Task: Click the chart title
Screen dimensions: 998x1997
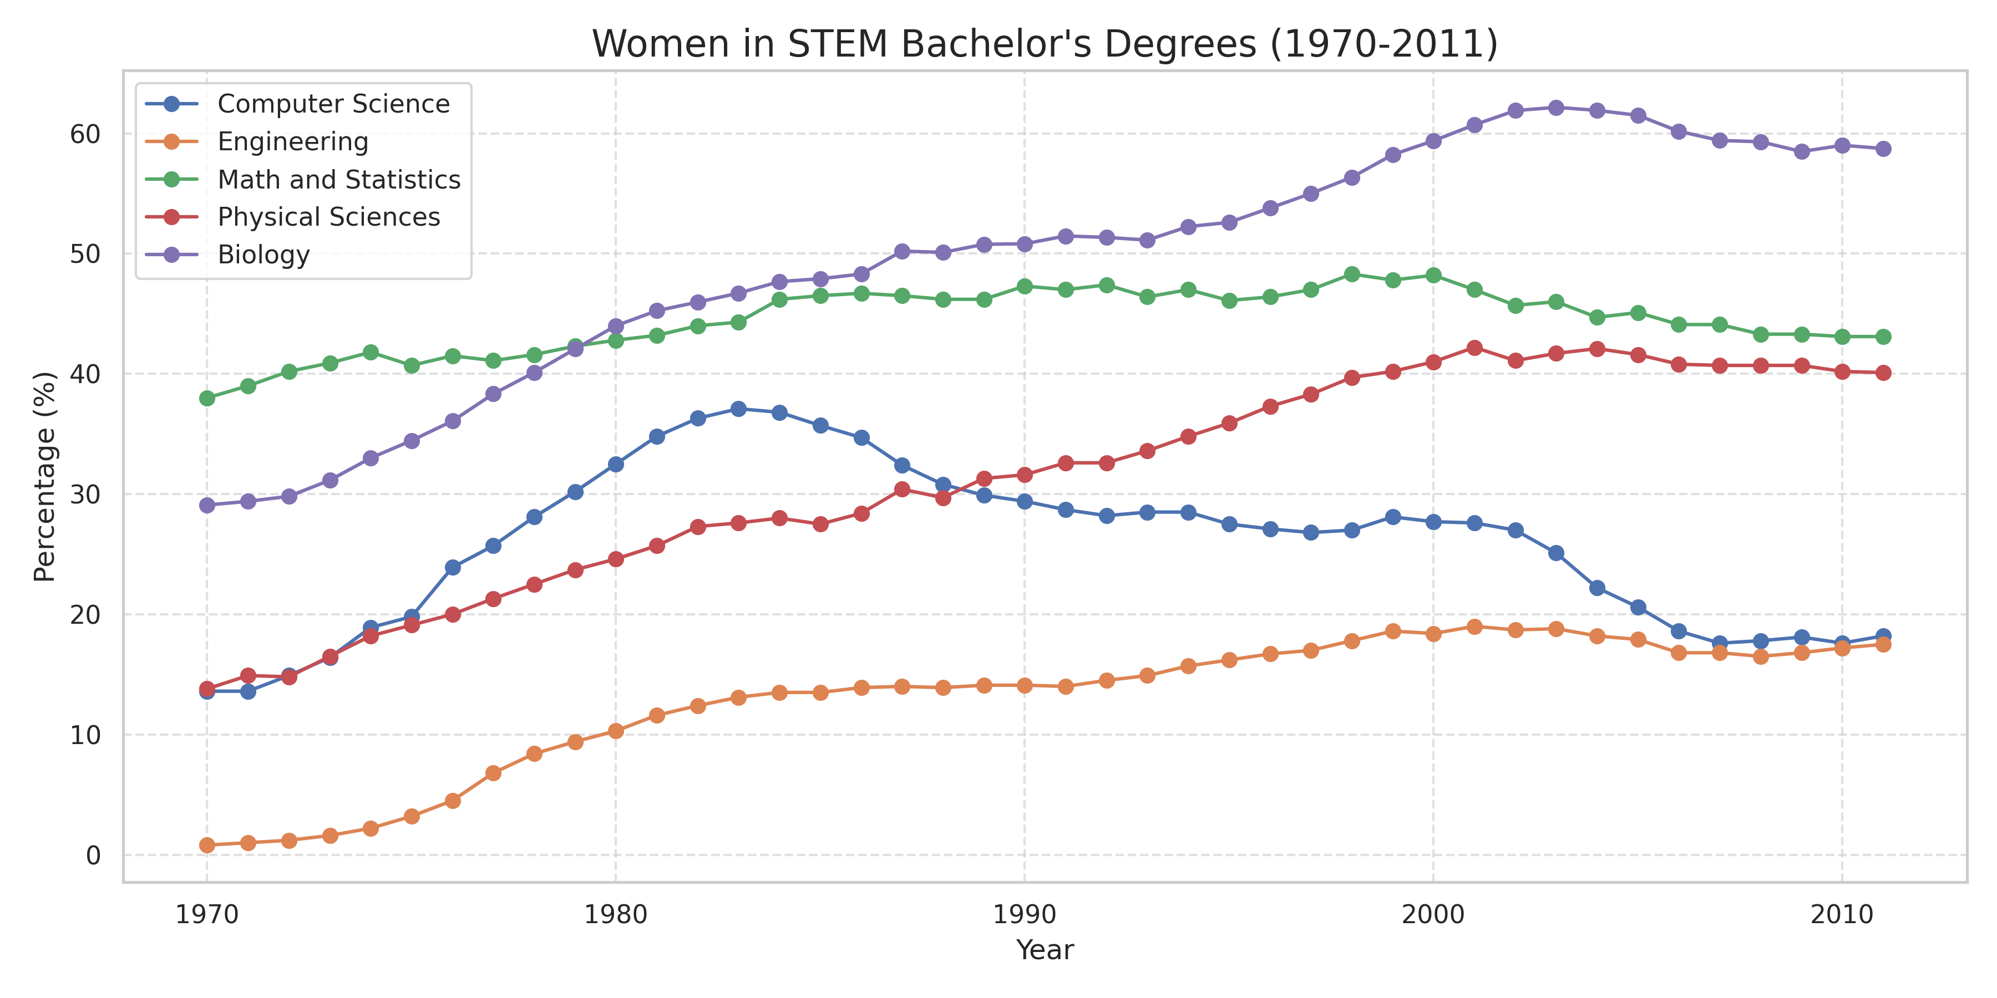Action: tap(1044, 44)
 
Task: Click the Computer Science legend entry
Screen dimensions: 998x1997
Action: tap(333, 104)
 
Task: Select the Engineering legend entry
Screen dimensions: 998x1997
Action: tap(293, 142)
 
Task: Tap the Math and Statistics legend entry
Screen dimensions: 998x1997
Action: tap(339, 180)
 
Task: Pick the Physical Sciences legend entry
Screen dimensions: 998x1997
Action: tap(329, 217)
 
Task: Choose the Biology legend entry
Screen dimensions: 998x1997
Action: tap(263, 255)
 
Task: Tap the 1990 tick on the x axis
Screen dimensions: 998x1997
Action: tap(1024, 915)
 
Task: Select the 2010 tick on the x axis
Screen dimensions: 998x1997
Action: tap(1842, 915)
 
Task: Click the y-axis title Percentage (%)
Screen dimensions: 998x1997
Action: tap(44, 476)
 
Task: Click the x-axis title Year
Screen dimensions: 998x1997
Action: tap(1044, 950)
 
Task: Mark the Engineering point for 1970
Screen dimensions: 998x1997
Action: tap(207, 846)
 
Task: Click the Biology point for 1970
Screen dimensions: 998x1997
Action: tap(207, 505)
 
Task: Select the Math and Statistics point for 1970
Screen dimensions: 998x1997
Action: tap(207, 398)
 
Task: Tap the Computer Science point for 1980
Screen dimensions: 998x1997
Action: tap(616, 464)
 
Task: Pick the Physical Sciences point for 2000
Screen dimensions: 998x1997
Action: tap(1433, 363)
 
